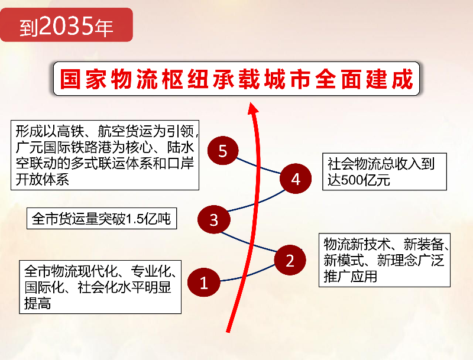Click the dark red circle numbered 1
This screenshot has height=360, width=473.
pyautogui.click(x=203, y=282)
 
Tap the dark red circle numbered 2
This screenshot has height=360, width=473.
pyautogui.click(x=290, y=260)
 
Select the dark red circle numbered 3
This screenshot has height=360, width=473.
pyautogui.click(x=214, y=219)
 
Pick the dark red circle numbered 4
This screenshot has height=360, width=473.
pyautogui.click(x=296, y=179)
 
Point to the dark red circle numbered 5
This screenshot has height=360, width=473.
pyautogui.click(x=223, y=151)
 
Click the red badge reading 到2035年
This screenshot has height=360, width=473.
pyautogui.click(x=66, y=25)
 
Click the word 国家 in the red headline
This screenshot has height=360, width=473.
pyautogui.click(x=83, y=79)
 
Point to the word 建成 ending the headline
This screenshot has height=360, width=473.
pyautogui.click(x=390, y=79)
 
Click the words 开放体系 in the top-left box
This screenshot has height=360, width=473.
pyautogui.click(x=42, y=180)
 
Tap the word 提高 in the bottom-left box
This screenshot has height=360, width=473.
pyautogui.click(x=37, y=303)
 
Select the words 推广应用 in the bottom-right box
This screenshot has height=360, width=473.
pyautogui.click(x=350, y=276)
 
